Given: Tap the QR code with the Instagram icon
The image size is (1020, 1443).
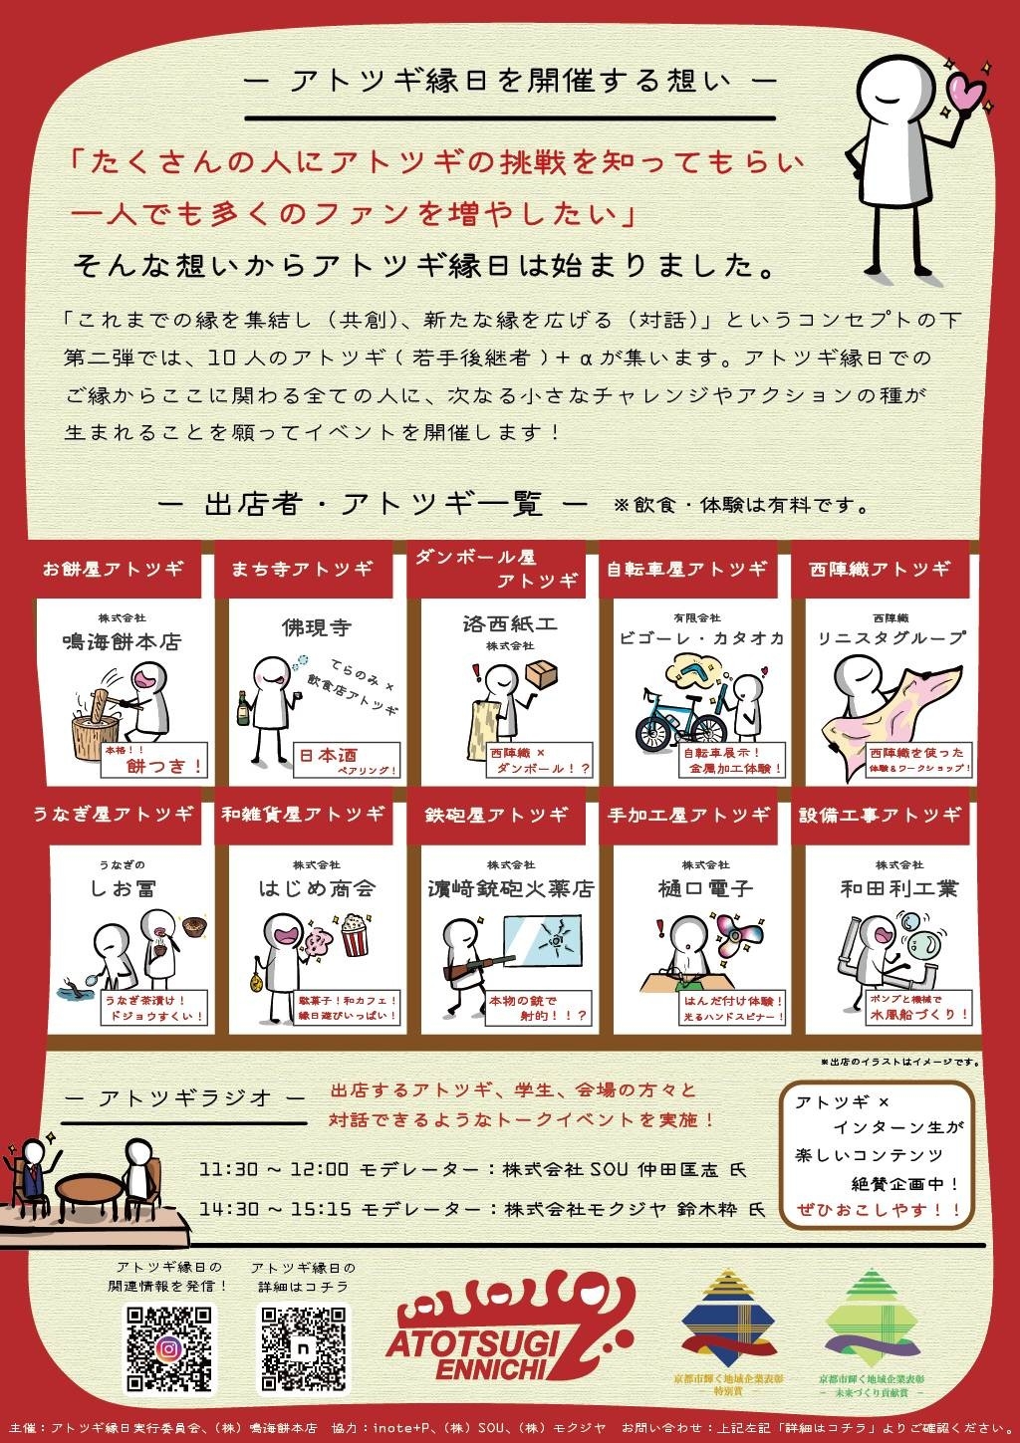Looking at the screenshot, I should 169,1348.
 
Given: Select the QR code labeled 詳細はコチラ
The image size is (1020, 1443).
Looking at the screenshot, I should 304,1348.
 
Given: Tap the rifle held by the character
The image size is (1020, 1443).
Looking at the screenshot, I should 478,966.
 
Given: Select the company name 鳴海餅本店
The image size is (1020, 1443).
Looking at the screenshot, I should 122,641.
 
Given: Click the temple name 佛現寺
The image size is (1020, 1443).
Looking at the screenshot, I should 317,627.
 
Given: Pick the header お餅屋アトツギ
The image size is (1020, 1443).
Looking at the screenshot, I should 113,569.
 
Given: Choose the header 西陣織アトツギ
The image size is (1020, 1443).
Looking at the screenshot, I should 881,569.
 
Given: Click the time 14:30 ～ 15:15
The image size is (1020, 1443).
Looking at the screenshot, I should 275,1209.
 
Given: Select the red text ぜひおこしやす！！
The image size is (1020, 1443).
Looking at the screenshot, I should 880,1210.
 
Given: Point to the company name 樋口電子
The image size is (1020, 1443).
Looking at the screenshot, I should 705,887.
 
